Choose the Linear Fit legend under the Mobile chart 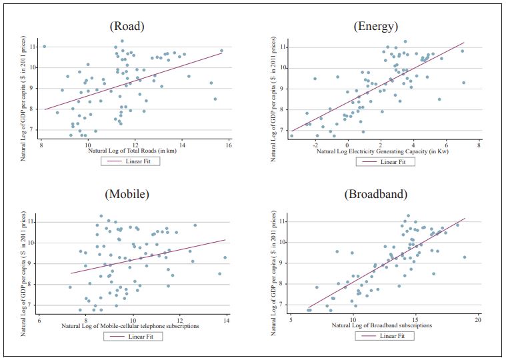133,336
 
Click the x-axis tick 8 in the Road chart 41,145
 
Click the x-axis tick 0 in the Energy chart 347,145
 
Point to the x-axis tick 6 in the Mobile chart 40,320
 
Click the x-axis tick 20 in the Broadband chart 477,320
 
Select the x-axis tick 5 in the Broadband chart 291,320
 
